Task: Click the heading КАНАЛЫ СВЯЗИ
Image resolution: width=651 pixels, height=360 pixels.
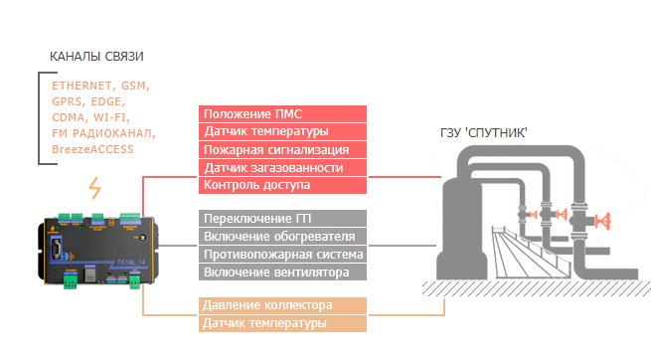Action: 96,57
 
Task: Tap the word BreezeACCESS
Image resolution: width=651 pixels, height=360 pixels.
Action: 92,149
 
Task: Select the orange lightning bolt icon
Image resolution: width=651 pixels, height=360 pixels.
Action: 95,188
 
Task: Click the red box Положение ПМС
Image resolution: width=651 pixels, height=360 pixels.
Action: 282,113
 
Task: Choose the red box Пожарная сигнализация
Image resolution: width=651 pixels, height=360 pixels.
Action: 282,150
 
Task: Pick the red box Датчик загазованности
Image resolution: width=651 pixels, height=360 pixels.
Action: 282,168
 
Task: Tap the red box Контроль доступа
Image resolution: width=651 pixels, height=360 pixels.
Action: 282,185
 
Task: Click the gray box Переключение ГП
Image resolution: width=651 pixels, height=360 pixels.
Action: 282,219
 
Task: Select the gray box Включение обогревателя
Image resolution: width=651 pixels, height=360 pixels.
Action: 282,237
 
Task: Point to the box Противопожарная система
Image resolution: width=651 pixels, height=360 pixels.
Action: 282,255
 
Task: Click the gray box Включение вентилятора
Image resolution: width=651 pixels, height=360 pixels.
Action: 282,271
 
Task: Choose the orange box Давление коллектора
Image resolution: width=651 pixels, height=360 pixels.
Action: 282,305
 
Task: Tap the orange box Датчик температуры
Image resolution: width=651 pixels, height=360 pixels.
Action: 282,323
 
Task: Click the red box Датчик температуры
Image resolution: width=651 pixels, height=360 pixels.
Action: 282,131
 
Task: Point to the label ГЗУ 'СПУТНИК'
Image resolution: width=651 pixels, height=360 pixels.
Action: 484,133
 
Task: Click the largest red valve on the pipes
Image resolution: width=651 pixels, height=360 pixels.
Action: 603,221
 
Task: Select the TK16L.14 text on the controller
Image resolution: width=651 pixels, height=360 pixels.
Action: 131,263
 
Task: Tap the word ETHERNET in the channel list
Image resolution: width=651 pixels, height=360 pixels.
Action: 81,86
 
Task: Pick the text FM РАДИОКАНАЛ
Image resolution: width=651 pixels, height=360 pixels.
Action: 103,133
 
